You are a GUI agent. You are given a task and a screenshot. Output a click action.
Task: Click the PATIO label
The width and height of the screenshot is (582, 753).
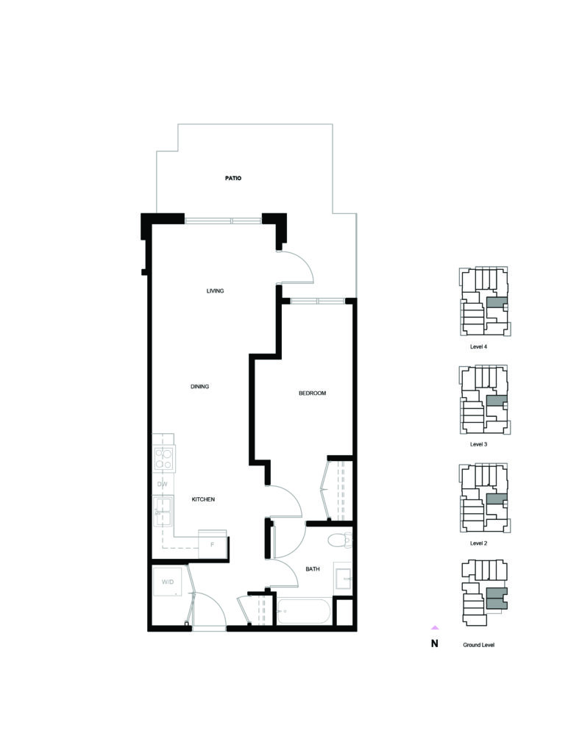233,178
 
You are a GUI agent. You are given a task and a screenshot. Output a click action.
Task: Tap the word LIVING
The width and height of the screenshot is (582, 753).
215,291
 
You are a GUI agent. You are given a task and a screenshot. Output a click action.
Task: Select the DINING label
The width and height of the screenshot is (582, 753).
199,387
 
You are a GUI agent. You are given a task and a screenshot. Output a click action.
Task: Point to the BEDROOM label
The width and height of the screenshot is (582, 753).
313,393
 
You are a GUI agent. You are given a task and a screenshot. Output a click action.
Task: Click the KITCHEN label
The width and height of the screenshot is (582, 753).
203,499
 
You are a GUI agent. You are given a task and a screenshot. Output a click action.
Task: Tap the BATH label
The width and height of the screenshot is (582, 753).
313,569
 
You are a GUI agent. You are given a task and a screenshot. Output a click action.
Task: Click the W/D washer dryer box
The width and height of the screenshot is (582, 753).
168,582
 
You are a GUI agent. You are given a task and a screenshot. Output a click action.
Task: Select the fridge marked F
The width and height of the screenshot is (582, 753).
213,544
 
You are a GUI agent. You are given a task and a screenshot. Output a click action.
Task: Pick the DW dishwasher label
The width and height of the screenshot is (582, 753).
163,484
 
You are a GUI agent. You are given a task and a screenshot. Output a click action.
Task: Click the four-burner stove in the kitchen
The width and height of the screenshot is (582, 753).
163,458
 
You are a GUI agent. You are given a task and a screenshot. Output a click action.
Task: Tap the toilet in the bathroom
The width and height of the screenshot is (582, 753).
340,540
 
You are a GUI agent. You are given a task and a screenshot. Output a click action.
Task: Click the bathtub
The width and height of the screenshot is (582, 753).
304,611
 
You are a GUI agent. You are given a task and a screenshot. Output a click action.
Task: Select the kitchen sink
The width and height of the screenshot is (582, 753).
163,512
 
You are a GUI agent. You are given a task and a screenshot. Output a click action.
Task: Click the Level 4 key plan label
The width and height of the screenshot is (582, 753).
478,347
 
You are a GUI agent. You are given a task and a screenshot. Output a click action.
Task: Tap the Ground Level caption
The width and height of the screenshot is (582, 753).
479,645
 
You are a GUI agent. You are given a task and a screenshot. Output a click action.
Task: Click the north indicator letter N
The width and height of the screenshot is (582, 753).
434,644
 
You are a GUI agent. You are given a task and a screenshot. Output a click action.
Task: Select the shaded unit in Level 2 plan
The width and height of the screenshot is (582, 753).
497,499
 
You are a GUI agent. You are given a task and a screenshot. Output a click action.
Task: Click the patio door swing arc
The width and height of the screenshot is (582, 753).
305,261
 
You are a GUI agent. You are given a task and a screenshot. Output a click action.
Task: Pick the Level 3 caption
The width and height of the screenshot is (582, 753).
478,445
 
